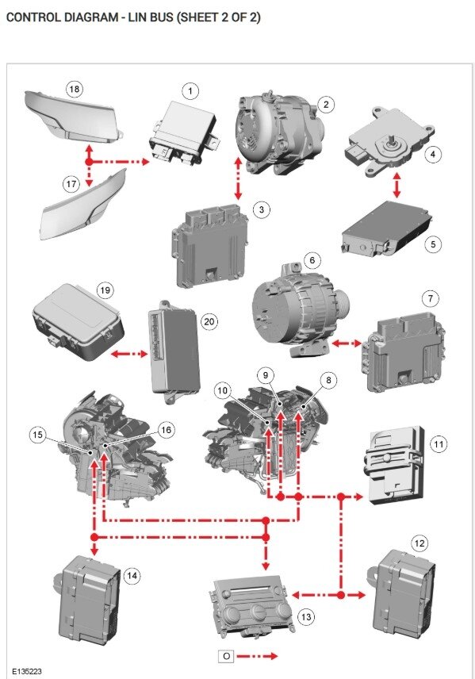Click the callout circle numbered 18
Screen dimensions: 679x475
click(75, 90)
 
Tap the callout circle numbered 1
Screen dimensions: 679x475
click(190, 90)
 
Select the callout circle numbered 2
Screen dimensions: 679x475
click(324, 104)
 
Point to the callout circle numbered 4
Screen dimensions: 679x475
click(432, 154)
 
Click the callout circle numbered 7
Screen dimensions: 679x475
click(429, 298)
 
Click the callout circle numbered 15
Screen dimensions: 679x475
click(36, 434)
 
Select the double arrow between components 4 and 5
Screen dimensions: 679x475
click(396, 184)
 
